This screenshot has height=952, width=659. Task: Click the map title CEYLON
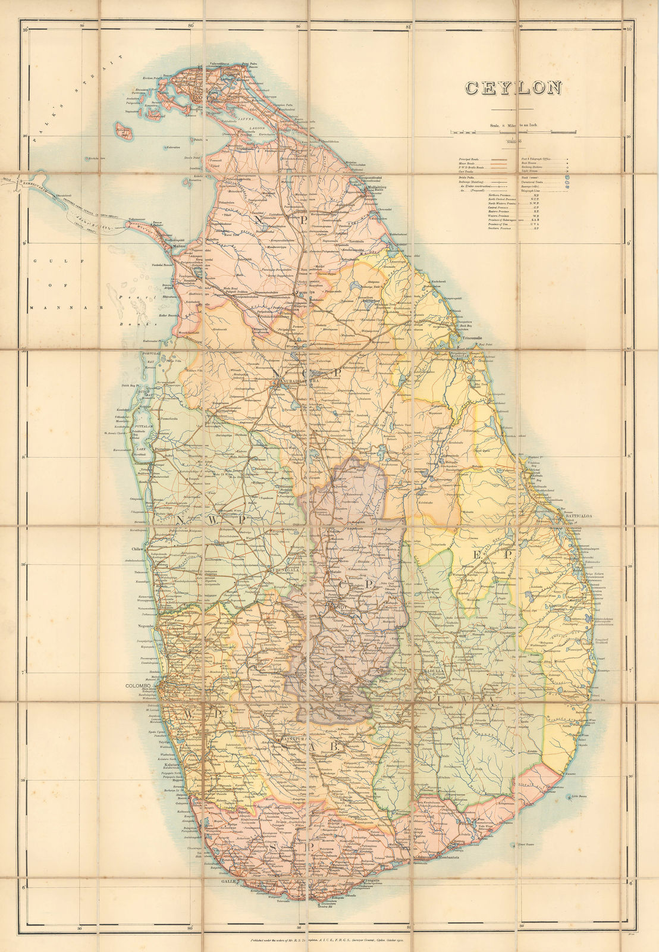[513, 88]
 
